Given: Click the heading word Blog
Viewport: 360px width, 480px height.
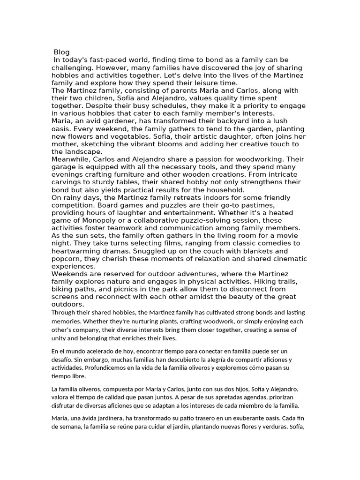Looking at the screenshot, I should [x=61, y=52].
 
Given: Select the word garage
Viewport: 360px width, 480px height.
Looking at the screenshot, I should [x=63, y=167].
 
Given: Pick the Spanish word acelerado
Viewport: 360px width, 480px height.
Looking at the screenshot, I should [x=98, y=351].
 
